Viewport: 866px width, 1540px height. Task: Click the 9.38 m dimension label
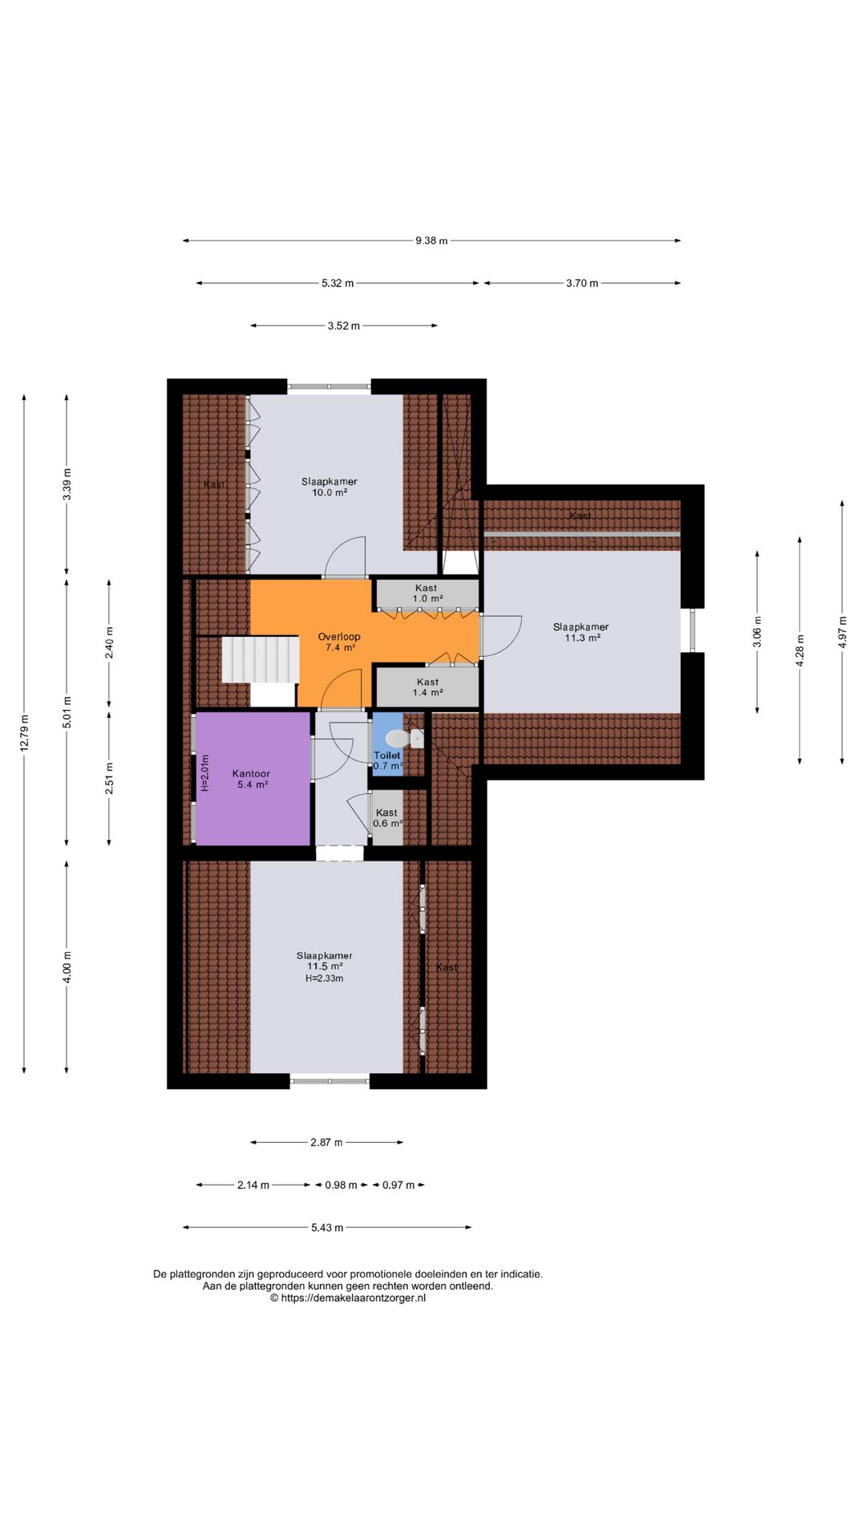(431, 241)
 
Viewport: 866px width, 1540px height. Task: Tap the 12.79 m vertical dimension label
(24, 732)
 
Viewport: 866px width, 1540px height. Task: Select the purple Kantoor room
(253, 779)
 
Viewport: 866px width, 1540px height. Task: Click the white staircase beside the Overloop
(260, 659)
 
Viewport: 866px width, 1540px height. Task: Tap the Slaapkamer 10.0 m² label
(330, 487)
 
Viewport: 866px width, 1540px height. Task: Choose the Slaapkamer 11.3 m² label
(581, 632)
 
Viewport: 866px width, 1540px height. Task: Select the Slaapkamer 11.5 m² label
(324, 961)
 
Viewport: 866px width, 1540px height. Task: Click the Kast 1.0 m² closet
(427, 594)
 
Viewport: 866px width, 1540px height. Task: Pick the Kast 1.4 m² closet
(427, 687)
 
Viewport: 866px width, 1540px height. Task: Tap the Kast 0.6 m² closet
(387, 818)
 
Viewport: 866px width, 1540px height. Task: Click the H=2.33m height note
(324, 979)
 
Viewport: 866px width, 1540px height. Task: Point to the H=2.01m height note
(204, 773)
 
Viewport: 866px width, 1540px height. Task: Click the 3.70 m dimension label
(582, 283)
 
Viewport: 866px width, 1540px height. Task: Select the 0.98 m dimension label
(341, 1185)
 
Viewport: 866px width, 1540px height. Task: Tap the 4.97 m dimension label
(842, 632)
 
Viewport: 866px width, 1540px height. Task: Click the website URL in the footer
(348, 1298)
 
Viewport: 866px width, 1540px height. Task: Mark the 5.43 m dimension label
(327, 1227)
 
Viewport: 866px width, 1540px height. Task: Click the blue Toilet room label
(387, 756)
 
